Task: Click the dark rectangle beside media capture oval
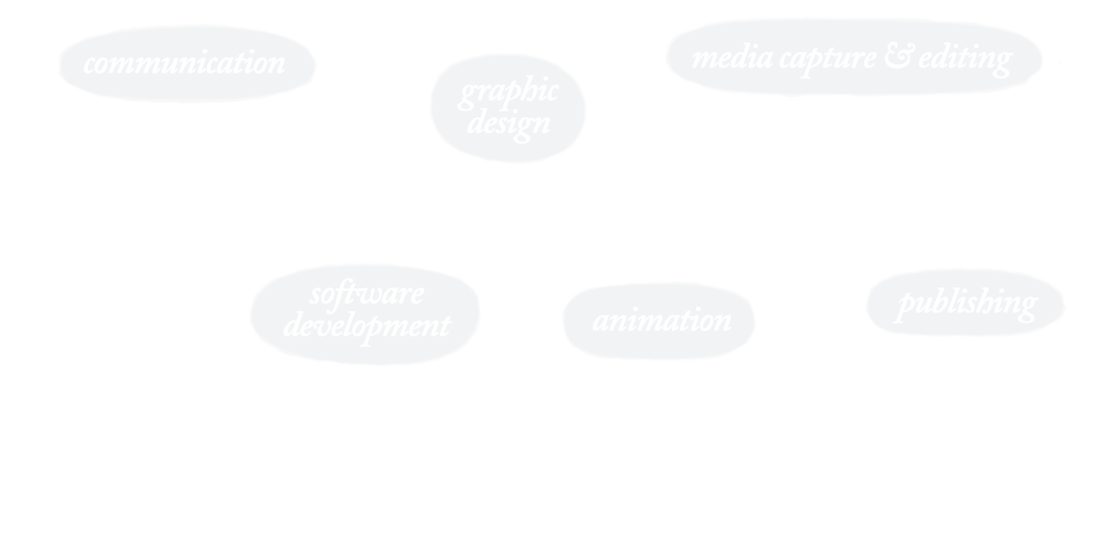click(1082, 56)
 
